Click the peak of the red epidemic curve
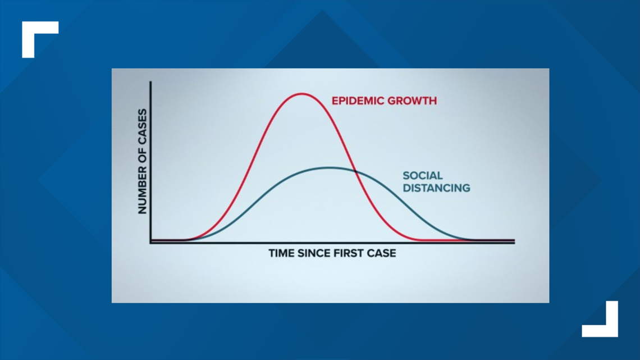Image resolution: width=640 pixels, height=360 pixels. pyautogui.click(x=301, y=94)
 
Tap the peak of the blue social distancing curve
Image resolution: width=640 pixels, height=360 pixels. pyautogui.click(x=329, y=167)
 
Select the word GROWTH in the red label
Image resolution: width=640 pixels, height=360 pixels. pyautogui.click(x=409, y=101)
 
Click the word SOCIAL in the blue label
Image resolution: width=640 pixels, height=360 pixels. pyautogui.click(x=422, y=176)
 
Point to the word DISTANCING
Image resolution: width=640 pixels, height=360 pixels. pyautogui.click(x=436, y=188)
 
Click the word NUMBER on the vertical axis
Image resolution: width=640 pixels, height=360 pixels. pyautogui.click(x=142, y=194)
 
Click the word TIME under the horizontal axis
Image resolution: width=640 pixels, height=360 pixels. pyautogui.click(x=282, y=253)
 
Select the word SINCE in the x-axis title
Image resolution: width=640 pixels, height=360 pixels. pyautogui.click(x=314, y=253)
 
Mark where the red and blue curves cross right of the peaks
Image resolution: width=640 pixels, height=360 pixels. pyautogui.click(x=356, y=172)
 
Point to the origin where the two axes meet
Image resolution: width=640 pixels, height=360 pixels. pyautogui.click(x=151, y=243)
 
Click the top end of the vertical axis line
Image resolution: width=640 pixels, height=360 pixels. pyautogui.click(x=150, y=82)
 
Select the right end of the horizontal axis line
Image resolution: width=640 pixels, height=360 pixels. pyautogui.click(x=514, y=243)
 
